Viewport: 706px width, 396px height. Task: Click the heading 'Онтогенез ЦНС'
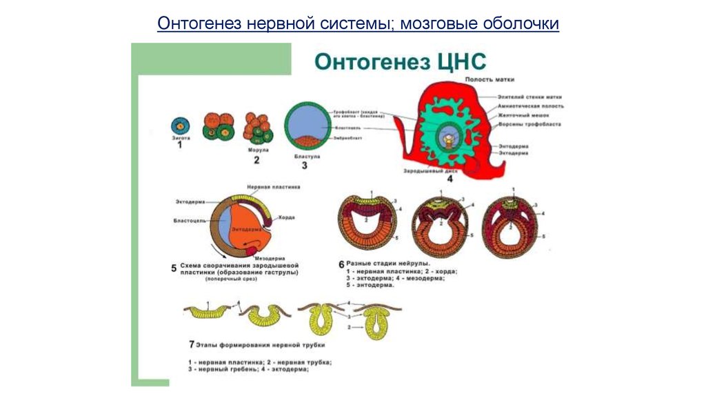pos(401,61)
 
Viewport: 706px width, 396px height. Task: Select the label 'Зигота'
pos(181,139)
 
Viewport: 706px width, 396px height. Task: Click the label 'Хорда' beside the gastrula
pos(287,217)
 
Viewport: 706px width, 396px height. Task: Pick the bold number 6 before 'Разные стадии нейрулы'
pos(341,263)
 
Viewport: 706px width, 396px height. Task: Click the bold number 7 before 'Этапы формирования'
pos(191,344)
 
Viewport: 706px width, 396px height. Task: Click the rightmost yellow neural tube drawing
pos(376,320)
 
